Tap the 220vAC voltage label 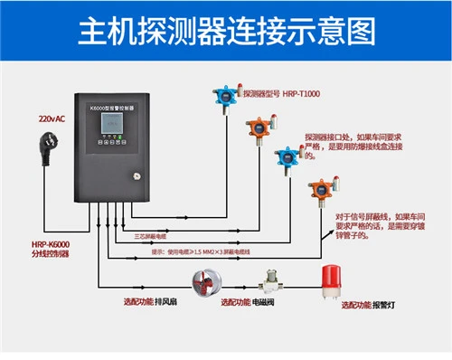coord(52,118)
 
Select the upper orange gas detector coord(258,126)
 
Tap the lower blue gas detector coord(287,156)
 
